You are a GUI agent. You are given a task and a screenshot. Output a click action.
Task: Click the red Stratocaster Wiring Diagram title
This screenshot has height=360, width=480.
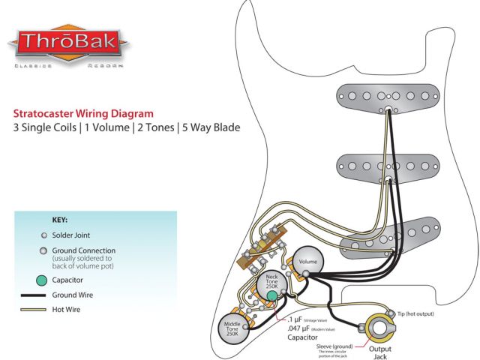point(84,114)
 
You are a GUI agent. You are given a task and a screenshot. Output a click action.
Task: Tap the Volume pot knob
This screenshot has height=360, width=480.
point(307,262)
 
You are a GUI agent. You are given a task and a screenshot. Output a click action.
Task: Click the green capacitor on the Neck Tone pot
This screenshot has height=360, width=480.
point(272,298)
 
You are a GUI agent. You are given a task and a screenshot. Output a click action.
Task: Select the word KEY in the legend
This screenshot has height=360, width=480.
point(59,220)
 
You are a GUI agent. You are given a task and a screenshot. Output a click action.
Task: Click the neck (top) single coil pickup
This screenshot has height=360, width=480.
point(386,96)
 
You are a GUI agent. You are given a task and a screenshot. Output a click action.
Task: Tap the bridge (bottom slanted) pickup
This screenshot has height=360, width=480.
point(390,236)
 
